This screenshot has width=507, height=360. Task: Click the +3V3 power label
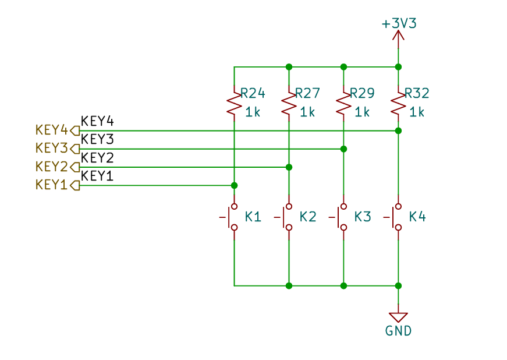pos(399,23)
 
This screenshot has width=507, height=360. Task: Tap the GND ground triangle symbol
pos(398,317)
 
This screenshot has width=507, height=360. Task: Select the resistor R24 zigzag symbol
pos(234,104)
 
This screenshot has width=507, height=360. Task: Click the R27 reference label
pos(307,93)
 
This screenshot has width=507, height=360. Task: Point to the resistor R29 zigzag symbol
pos(343,104)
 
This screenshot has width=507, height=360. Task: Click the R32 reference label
pos(417,93)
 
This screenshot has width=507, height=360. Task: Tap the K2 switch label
pos(308,217)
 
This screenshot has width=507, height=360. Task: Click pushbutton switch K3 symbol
pos(339,217)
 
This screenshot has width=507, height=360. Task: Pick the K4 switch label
pos(417,217)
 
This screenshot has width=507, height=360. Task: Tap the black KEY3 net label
pos(97,139)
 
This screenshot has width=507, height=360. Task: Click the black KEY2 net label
pos(97,158)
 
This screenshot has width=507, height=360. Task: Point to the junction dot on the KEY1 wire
pos(235,185)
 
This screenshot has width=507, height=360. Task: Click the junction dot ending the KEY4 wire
pos(398,130)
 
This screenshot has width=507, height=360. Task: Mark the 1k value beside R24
pos(253,112)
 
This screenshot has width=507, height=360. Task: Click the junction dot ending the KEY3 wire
pos(343,149)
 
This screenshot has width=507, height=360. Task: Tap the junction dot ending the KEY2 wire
pos(289,167)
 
